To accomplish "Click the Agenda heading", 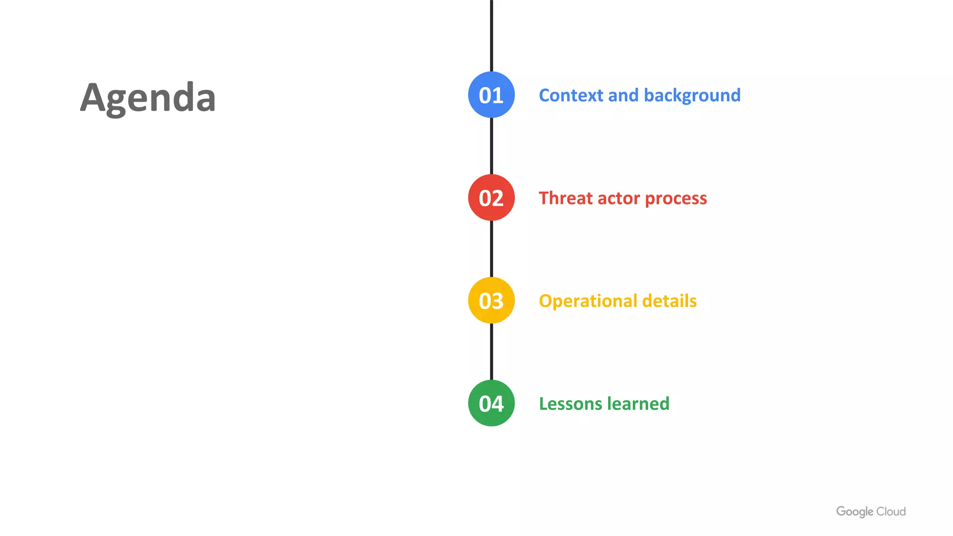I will pyautogui.click(x=148, y=98).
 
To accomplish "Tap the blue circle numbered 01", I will pyautogui.click(x=491, y=95).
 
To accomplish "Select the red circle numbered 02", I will pyautogui.click(x=491, y=198).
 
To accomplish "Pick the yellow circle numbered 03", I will pyautogui.click(x=491, y=301).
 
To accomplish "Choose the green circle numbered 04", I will pyautogui.click(x=491, y=403).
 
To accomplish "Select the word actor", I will pyautogui.click(x=618, y=199).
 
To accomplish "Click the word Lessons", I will pyautogui.click(x=570, y=404).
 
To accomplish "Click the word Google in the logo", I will pyautogui.click(x=854, y=512).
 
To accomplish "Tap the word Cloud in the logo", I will pyautogui.click(x=891, y=512).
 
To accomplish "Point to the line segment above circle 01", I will pyautogui.click(x=491, y=35).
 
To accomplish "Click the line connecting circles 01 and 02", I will pyautogui.click(x=491, y=146).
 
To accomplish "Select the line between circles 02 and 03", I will pyautogui.click(x=491, y=249).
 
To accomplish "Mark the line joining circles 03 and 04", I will pyautogui.click(x=491, y=352).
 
